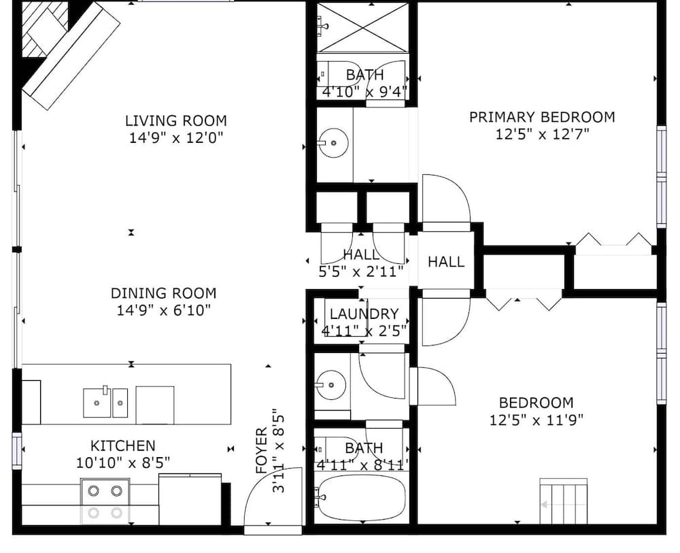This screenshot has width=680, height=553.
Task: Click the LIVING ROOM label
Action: click(x=175, y=120)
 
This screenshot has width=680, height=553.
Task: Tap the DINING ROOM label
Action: click(x=163, y=293)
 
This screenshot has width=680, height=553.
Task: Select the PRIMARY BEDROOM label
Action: click(x=542, y=117)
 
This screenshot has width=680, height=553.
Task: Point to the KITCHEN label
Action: click(x=122, y=446)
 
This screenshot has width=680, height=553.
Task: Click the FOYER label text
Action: click(x=262, y=451)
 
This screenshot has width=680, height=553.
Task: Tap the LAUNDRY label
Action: click(x=364, y=314)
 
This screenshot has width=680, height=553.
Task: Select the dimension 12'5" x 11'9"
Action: click(x=537, y=420)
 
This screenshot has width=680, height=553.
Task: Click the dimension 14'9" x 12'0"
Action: click(x=176, y=138)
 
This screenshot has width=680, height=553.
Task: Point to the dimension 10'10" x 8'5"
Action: click(x=122, y=463)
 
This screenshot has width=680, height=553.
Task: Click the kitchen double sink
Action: click(x=105, y=402)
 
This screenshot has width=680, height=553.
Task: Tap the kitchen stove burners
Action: click(x=105, y=502)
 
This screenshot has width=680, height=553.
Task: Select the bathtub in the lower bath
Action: click(x=360, y=499)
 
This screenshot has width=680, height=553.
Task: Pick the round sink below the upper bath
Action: click(x=333, y=143)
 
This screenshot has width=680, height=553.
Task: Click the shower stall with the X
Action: click(x=363, y=28)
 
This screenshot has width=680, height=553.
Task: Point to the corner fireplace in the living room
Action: click(x=46, y=31)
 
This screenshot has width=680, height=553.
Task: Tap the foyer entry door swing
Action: click(x=273, y=497)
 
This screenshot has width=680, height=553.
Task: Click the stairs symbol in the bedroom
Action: click(x=563, y=501)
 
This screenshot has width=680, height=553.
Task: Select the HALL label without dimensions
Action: click(x=446, y=262)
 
